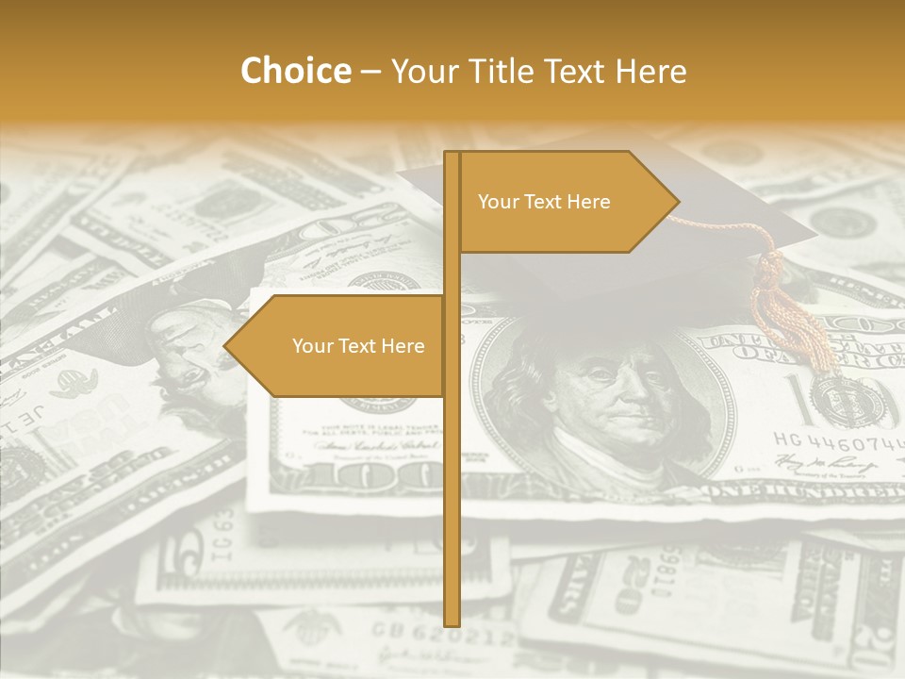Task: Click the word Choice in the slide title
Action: (x=295, y=71)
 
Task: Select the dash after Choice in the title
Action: (x=370, y=72)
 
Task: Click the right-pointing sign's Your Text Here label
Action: (x=544, y=202)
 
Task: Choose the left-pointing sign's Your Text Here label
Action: (x=358, y=346)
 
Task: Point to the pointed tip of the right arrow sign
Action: (x=676, y=201)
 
